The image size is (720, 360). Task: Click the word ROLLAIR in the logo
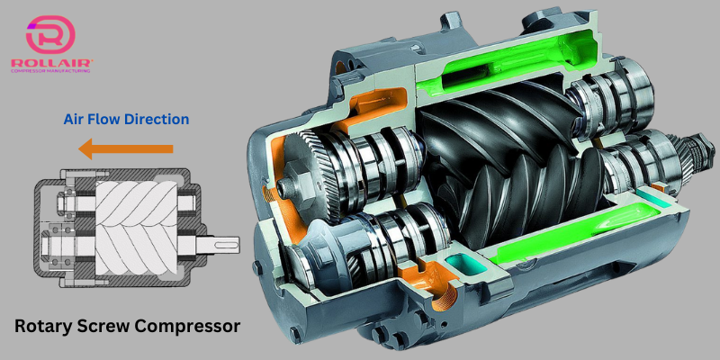[52, 63]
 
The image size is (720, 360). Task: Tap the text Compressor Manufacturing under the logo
[50, 71]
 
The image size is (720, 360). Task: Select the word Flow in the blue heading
[103, 120]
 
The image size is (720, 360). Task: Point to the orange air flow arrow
[126, 148]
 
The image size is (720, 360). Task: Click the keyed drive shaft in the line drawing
[215, 244]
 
